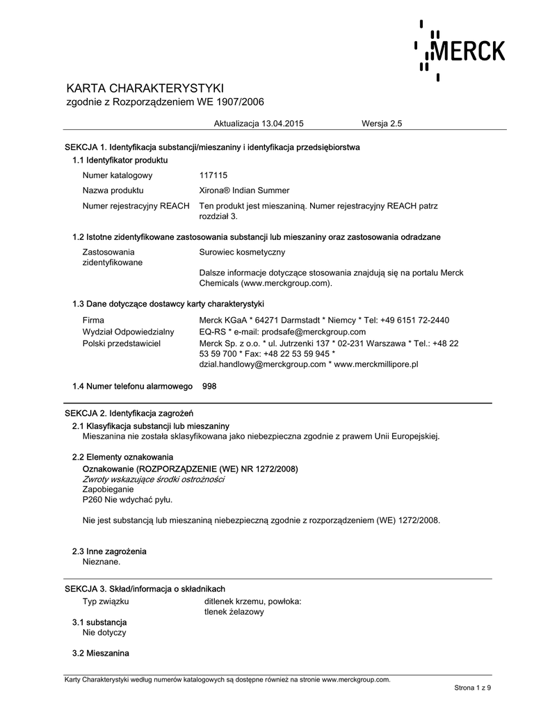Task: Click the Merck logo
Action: point(460,51)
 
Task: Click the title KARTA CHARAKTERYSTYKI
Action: point(145,88)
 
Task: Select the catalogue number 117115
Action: point(213,175)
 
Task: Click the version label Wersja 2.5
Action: point(382,123)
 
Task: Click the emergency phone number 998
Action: point(209,385)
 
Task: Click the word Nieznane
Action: point(102,561)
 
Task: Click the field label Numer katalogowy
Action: point(118,175)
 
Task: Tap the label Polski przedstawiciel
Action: point(122,343)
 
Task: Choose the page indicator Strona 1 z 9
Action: point(473,688)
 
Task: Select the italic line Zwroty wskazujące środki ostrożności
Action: point(153,479)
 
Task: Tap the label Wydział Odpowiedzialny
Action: point(129,332)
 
